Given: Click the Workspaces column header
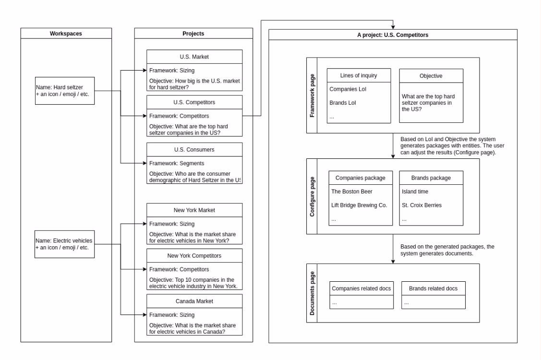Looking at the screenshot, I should pyautogui.click(x=66, y=34).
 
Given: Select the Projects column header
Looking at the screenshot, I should pyautogui.click(x=193, y=34).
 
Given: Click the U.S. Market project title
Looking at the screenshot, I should pyautogui.click(x=194, y=57).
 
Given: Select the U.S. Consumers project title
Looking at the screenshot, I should pyautogui.click(x=194, y=149).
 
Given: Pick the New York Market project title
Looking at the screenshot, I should pyautogui.click(x=194, y=210).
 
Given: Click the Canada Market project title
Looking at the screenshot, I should pyautogui.click(x=194, y=301).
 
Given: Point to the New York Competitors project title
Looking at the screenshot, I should pyautogui.click(x=194, y=255).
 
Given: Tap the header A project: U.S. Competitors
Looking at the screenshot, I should pyautogui.click(x=393, y=35).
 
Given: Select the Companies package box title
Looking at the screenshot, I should pyautogui.click(x=360, y=178).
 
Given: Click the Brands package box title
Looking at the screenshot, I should pyautogui.click(x=431, y=178).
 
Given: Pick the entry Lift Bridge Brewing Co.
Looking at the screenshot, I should pyautogui.click(x=359, y=205).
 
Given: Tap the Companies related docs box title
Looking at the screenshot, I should pyautogui.click(x=361, y=288).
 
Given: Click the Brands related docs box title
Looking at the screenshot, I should pyautogui.click(x=433, y=288).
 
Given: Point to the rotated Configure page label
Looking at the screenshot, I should pyautogui.click(x=313, y=196).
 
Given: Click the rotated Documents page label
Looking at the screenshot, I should pyautogui.click(x=313, y=293).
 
